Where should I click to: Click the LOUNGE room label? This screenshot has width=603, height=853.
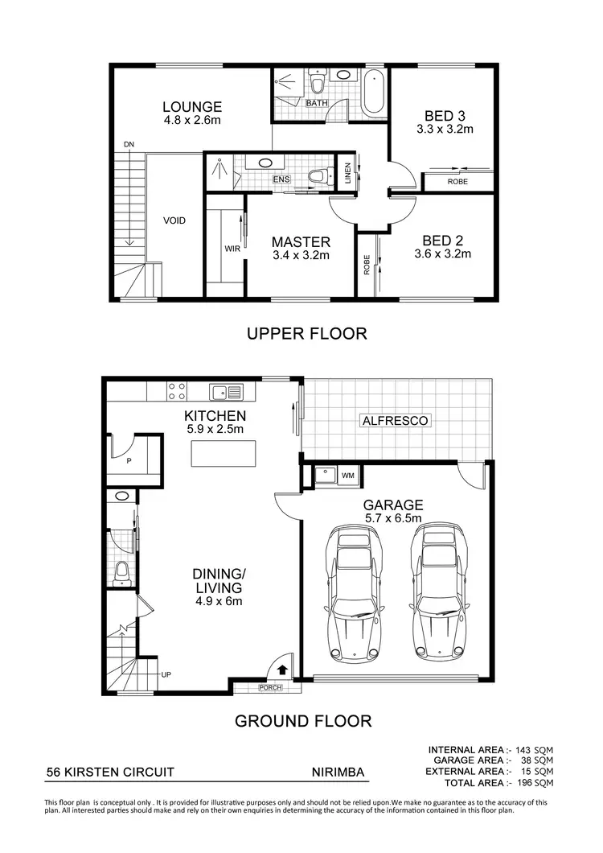pyautogui.click(x=191, y=106)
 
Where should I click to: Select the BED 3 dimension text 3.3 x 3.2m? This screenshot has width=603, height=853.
pyautogui.click(x=444, y=128)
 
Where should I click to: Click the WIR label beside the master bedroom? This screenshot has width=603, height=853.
pyautogui.click(x=232, y=249)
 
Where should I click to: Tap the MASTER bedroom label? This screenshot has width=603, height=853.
pyautogui.click(x=300, y=241)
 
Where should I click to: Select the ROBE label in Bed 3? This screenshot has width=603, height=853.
pyautogui.click(x=457, y=182)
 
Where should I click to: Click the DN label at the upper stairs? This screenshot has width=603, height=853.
pyautogui.click(x=129, y=144)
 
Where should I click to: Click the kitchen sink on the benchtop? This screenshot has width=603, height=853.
pyautogui.click(x=226, y=392)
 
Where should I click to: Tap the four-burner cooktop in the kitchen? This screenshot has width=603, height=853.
pyautogui.click(x=176, y=391)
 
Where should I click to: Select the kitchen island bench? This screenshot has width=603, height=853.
pyautogui.click(x=224, y=454)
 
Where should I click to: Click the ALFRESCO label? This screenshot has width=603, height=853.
pyautogui.click(x=395, y=420)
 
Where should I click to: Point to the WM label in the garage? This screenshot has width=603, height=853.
pyautogui.click(x=347, y=476)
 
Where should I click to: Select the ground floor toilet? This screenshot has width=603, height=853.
pyautogui.click(x=122, y=572)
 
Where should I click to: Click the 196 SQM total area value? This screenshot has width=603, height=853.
pyautogui.click(x=534, y=782)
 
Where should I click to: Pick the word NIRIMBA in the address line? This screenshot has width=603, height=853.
pyautogui.click(x=338, y=773)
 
